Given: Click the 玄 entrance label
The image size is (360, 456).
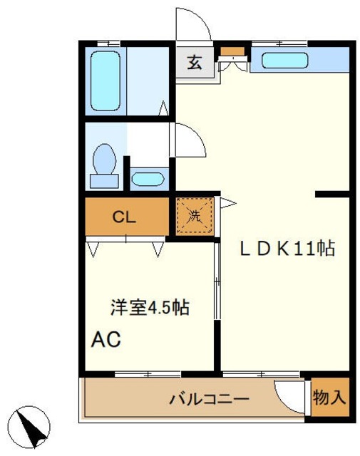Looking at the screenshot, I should (x=194, y=62).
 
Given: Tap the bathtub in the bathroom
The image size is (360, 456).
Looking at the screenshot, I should (x=106, y=79).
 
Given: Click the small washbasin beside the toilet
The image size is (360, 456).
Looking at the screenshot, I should (x=148, y=178).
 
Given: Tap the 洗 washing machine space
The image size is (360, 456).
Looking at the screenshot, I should (x=195, y=215).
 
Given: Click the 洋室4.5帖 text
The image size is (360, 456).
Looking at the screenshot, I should (x=149, y=308).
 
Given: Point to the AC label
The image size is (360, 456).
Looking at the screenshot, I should (x=106, y=338).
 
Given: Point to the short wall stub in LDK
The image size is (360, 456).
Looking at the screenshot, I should (x=331, y=193).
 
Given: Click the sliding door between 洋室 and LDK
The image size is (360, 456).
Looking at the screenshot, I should (x=217, y=306).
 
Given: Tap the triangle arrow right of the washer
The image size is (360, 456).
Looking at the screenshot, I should (x=227, y=204).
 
